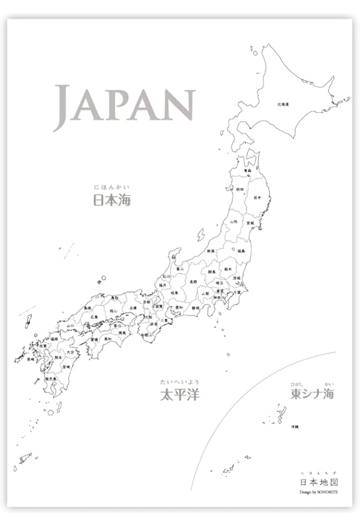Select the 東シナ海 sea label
pos(313,394)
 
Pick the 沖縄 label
pos(295,427)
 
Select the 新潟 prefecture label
pos(210,251)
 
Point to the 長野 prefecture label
pos(193,282)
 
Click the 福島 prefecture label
pos(241,251)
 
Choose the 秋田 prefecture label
pos(240,190)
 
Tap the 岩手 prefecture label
pos(257,198)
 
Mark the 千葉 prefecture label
pos(237,292)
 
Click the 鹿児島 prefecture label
pos(50,379)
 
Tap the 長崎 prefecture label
pos(30,360)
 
